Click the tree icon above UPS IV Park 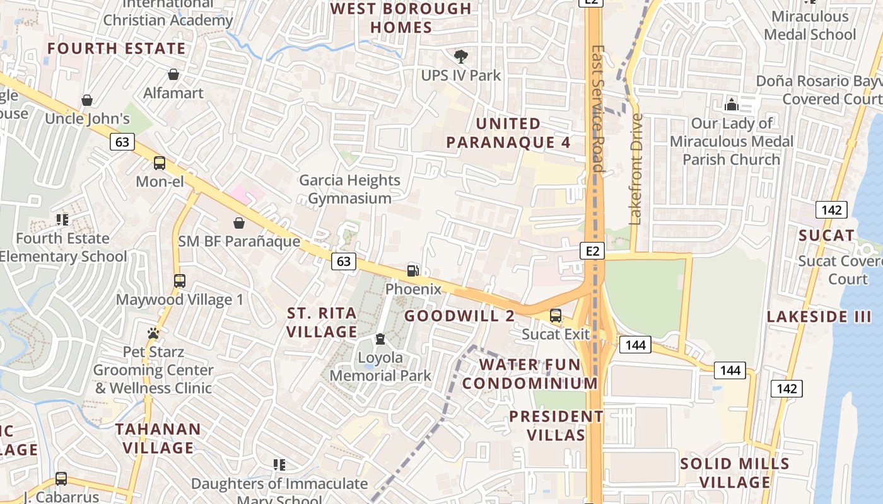tap(461, 57)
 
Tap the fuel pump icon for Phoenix tap(413, 271)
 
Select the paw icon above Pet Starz tap(153, 333)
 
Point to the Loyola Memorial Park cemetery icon tap(380, 340)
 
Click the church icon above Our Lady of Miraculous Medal tap(732, 104)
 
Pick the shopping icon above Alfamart tap(173, 74)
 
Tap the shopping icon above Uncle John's tap(87, 100)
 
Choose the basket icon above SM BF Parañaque tap(239, 223)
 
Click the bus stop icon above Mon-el tap(160, 163)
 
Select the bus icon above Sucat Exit tap(556, 316)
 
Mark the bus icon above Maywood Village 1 tap(180, 281)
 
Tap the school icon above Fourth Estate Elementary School tap(62, 220)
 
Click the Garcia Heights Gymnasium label tap(349, 189)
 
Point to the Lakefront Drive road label tap(636, 169)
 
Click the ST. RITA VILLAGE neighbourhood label tap(322, 322)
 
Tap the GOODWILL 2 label tap(459, 316)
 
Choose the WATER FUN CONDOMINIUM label tap(530, 374)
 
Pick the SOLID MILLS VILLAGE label tap(735, 473)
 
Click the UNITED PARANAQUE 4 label tap(508, 133)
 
